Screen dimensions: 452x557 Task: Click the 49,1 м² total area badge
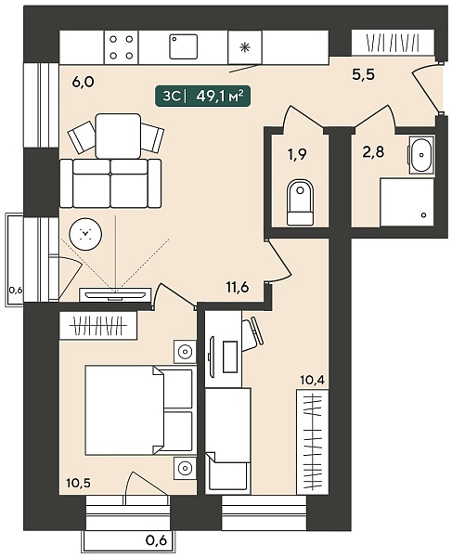(202, 96)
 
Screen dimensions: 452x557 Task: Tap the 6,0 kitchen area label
(84, 82)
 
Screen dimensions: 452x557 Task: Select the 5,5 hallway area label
(363, 75)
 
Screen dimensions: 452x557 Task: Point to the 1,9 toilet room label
(297, 154)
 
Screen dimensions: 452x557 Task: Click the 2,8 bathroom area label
(374, 153)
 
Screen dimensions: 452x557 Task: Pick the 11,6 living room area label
(238, 286)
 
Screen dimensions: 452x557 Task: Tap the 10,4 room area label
(313, 381)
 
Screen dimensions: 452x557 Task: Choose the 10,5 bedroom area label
(80, 483)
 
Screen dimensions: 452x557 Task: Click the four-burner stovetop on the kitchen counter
(121, 47)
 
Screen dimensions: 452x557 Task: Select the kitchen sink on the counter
(183, 46)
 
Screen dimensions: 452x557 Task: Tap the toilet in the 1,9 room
(300, 202)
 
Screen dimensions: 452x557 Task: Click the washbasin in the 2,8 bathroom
(421, 155)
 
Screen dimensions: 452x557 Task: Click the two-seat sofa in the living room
(110, 183)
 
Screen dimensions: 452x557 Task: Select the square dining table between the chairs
(118, 136)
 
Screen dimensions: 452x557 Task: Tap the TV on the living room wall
(114, 294)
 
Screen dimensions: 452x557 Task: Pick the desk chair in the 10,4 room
(253, 334)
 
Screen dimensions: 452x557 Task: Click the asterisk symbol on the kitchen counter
(244, 47)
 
